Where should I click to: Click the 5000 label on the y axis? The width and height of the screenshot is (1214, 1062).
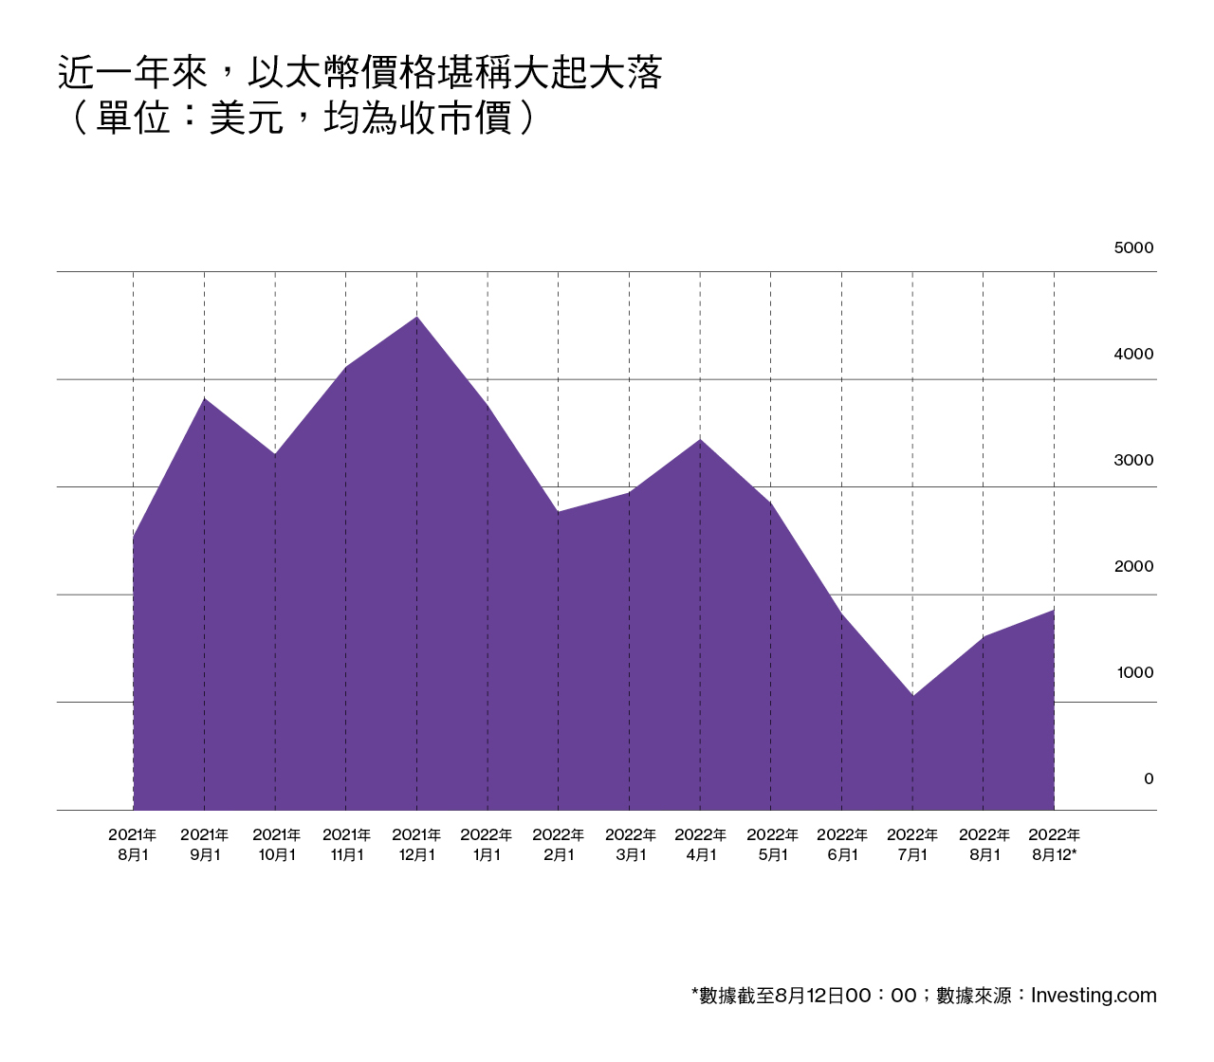(1133, 248)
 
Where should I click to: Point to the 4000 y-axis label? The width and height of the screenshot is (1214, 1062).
(1133, 355)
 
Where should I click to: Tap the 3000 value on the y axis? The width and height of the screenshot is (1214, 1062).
(1133, 461)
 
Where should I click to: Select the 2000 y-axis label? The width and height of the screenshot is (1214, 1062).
(1133, 567)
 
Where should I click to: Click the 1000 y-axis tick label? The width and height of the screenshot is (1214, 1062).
(1134, 673)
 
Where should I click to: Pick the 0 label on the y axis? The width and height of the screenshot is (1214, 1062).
(1149, 779)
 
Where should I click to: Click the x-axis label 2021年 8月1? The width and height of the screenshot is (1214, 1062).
(133, 845)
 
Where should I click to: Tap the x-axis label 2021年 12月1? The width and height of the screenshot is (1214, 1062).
(416, 845)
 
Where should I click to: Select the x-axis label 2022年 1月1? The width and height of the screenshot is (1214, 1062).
(487, 845)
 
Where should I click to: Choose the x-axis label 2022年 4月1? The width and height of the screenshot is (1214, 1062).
(700, 845)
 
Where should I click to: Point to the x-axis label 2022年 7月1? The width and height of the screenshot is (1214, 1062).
(912, 845)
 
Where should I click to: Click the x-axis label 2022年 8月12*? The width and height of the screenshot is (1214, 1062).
(1055, 845)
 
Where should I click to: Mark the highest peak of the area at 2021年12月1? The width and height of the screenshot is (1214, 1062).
(416, 317)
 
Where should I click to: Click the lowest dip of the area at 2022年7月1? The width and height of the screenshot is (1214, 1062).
(912, 696)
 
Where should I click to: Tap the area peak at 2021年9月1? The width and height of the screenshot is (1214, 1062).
(204, 398)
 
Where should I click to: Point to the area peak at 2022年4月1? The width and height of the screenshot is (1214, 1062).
(700, 439)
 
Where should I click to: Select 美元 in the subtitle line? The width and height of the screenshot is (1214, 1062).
(247, 119)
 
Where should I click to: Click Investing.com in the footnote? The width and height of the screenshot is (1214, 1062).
(1094, 996)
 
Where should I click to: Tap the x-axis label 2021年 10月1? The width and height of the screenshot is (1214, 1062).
(276, 845)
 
